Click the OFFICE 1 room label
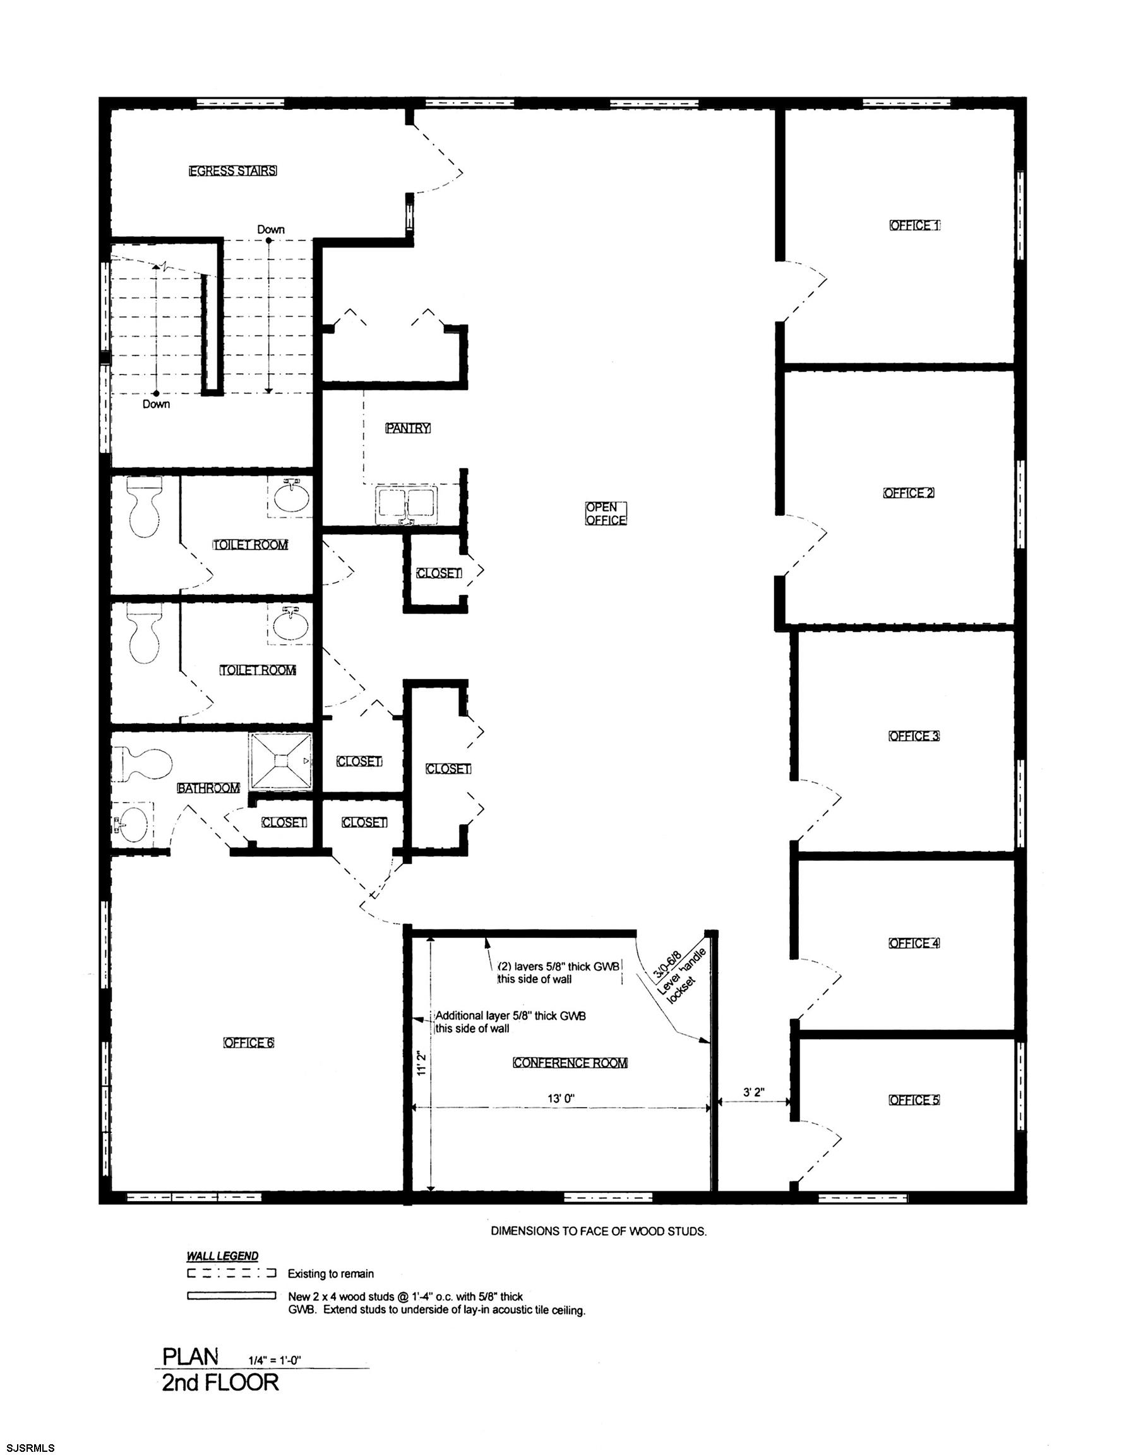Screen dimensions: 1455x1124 click(914, 226)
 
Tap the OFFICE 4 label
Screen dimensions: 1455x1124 click(914, 943)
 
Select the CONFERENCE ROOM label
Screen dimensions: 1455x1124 click(570, 1063)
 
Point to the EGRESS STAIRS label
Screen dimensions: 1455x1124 click(232, 171)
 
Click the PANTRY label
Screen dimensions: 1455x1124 click(408, 428)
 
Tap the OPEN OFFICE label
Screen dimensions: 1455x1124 click(606, 513)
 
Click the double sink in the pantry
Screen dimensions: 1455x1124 click(407, 504)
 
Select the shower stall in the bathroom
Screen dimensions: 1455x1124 click(280, 761)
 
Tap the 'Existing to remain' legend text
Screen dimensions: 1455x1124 click(330, 1274)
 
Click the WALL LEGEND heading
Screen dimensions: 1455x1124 click(222, 1257)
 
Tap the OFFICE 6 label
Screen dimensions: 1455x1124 click(249, 1043)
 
